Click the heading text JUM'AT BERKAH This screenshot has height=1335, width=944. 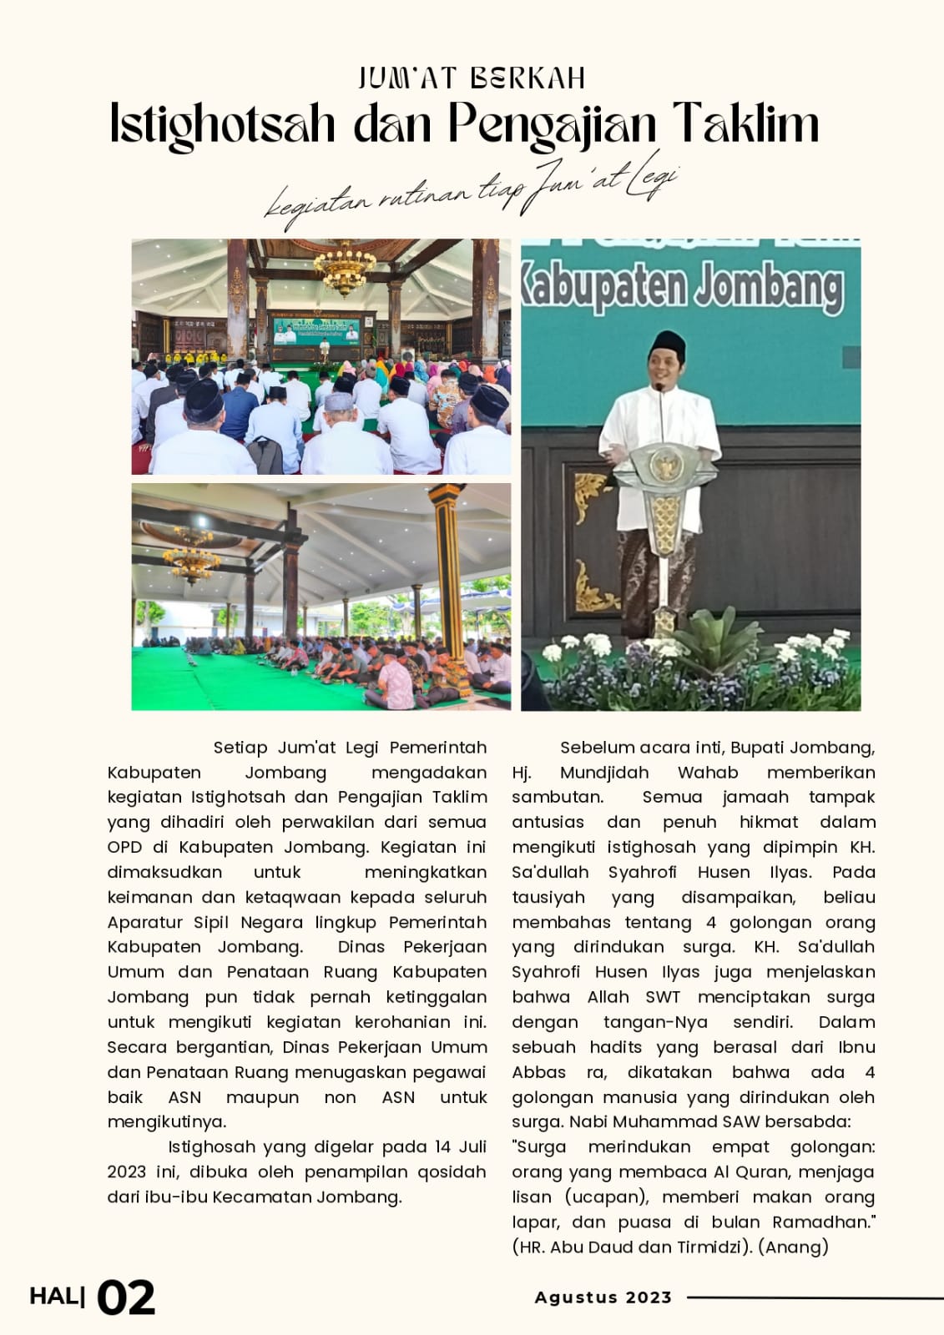click(472, 78)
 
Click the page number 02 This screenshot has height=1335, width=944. click(126, 1298)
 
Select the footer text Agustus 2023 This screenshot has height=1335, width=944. click(603, 1297)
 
